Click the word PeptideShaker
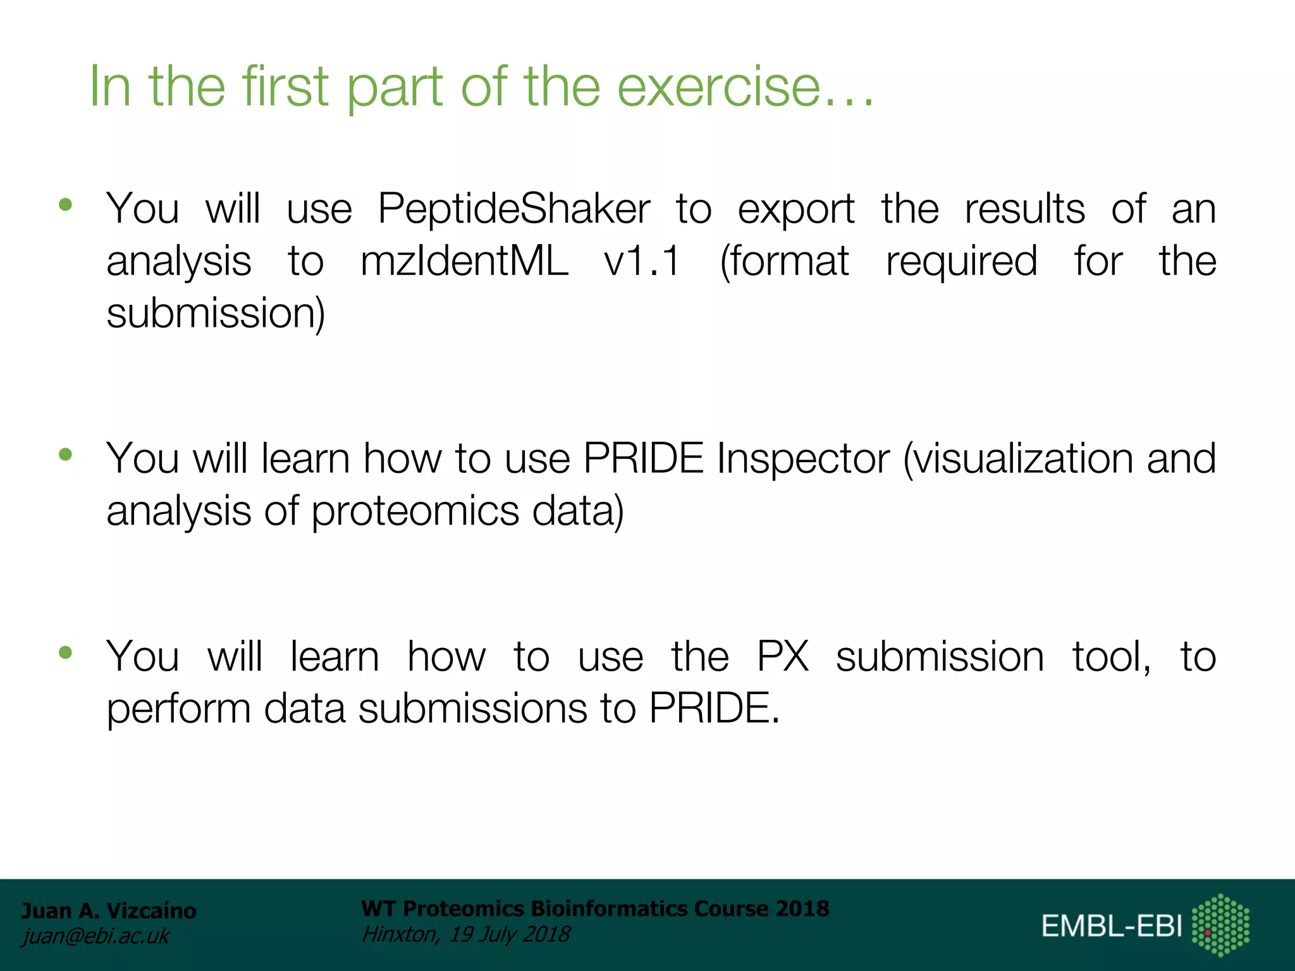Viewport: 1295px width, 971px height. click(x=513, y=209)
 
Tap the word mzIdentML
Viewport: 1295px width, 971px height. click(x=464, y=262)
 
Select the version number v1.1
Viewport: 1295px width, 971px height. click(x=642, y=262)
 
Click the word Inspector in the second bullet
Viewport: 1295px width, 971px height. click(x=803, y=459)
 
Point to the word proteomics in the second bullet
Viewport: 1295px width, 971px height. click(x=415, y=511)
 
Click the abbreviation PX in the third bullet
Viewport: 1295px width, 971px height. click(x=783, y=657)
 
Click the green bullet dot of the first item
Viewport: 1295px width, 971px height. click(x=66, y=205)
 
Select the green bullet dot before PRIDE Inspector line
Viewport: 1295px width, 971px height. click(x=66, y=455)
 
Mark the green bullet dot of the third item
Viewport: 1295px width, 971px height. click(x=66, y=652)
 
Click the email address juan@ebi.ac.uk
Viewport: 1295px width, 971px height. click(x=96, y=936)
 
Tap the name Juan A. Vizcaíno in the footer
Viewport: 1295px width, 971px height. click(x=109, y=911)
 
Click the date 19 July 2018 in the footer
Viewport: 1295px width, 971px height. click(x=509, y=934)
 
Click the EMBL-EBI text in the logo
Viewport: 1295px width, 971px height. click(x=1111, y=927)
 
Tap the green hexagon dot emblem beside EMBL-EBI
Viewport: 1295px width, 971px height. click(x=1220, y=924)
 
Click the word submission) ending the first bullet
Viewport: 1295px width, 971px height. click(x=216, y=314)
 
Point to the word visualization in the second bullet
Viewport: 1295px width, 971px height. click(x=1018, y=459)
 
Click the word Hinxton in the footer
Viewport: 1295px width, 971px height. click(x=399, y=934)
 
